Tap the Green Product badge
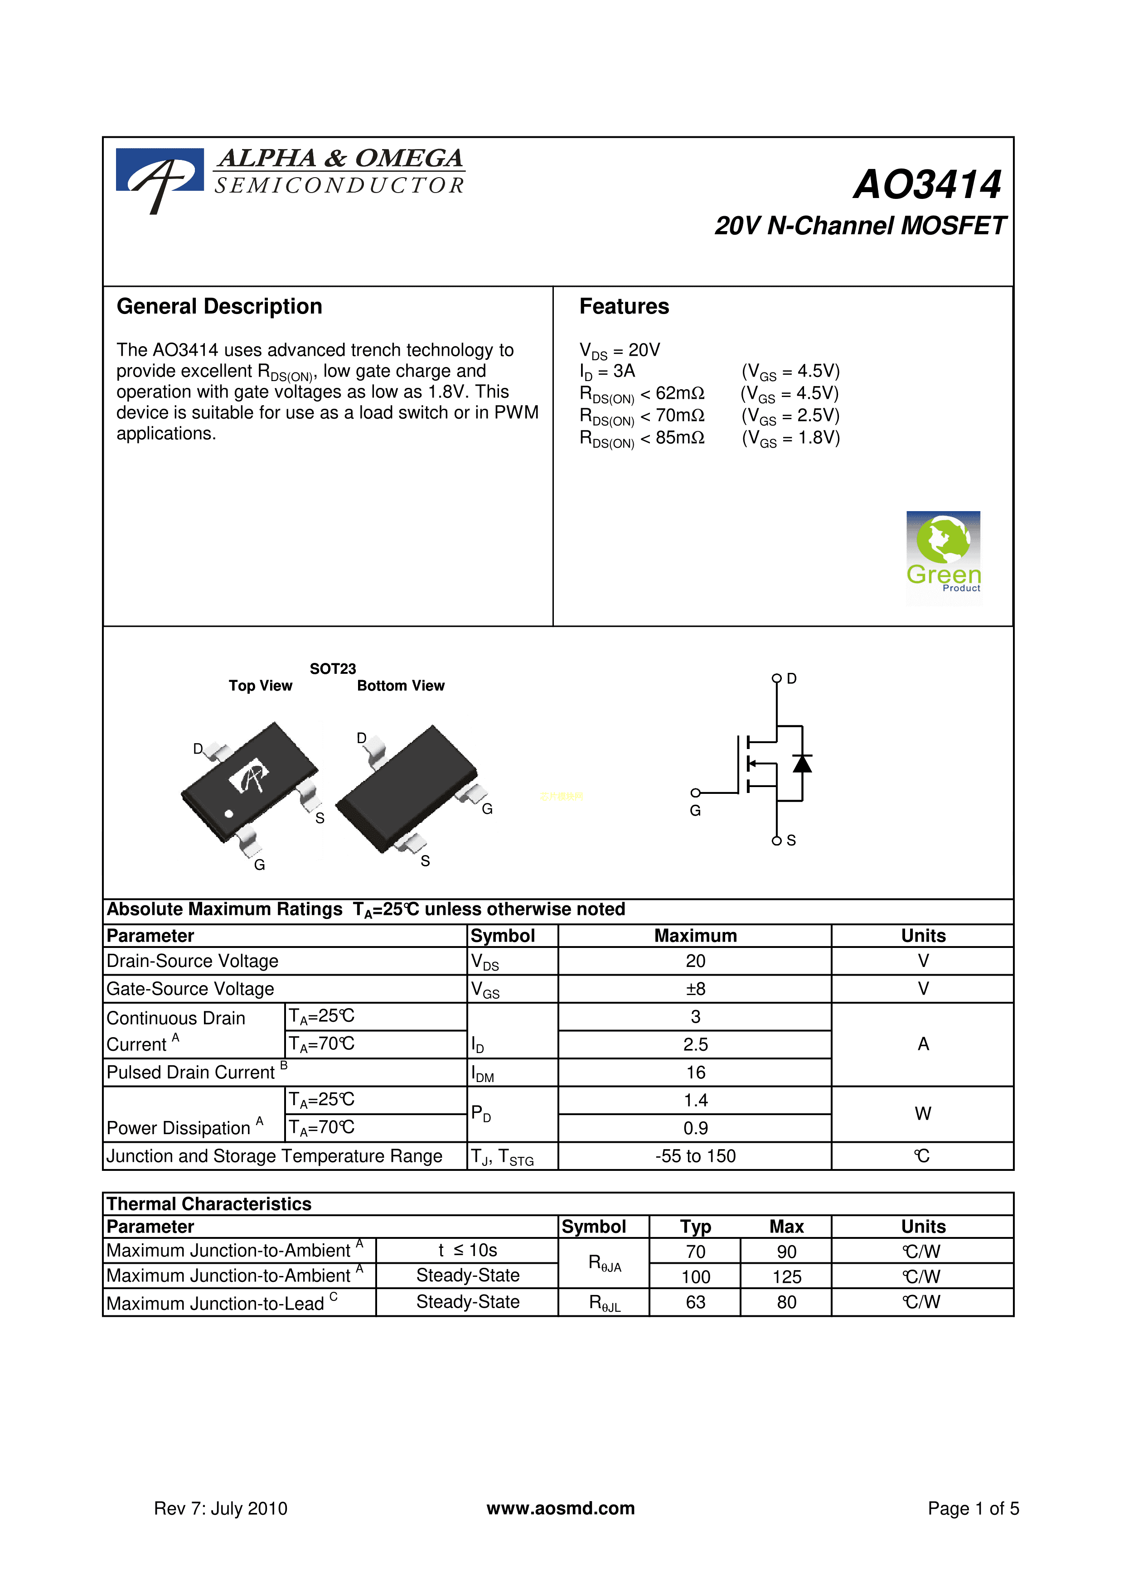click(943, 554)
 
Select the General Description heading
click(219, 307)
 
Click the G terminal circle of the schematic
click(695, 793)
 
